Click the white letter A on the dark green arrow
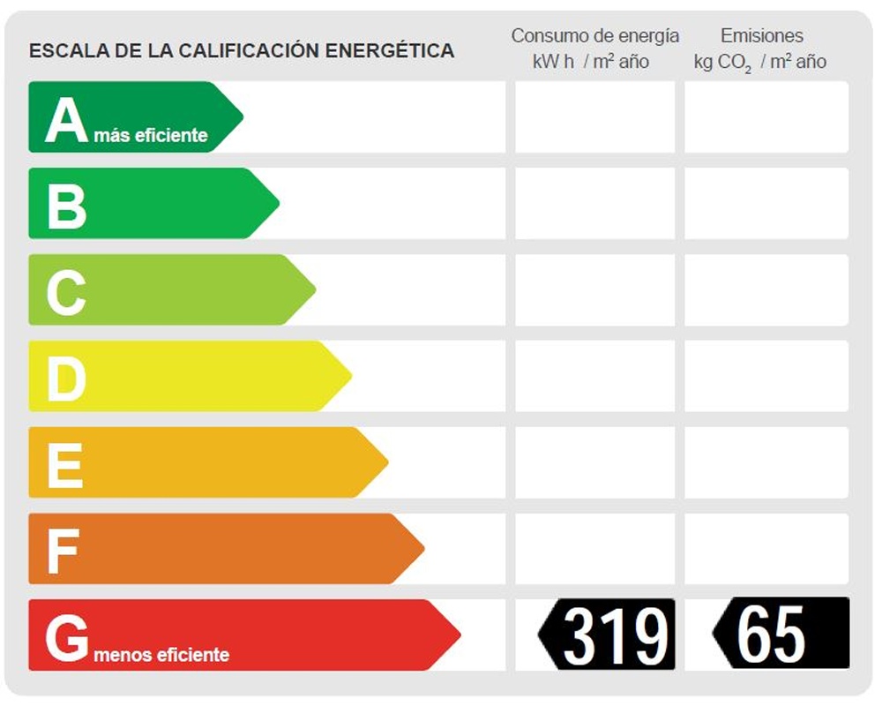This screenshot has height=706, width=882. tap(66, 120)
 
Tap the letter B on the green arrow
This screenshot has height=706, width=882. tap(66, 205)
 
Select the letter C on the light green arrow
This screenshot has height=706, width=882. tap(66, 291)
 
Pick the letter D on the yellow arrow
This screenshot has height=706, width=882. tap(66, 378)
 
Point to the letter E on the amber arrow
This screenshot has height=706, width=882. tap(64, 464)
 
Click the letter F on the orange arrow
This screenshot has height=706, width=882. tap(63, 550)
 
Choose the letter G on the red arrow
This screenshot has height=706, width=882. tap(67, 637)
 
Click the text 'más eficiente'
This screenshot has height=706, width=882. tap(151, 135)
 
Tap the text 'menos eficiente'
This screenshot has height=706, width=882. tap(161, 655)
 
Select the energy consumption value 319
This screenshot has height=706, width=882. tap(614, 635)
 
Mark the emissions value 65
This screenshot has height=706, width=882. tap(771, 635)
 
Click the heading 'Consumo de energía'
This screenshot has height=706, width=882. tap(595, 36)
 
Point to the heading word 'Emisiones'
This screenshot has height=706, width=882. tap(762, 36)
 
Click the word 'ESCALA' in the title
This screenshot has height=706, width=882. tap(62, 50)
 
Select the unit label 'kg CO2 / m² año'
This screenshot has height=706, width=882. tap(760, 62)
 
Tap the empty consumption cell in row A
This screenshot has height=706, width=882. tap(594, 117)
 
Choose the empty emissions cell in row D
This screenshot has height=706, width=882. tap(766, 376)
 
